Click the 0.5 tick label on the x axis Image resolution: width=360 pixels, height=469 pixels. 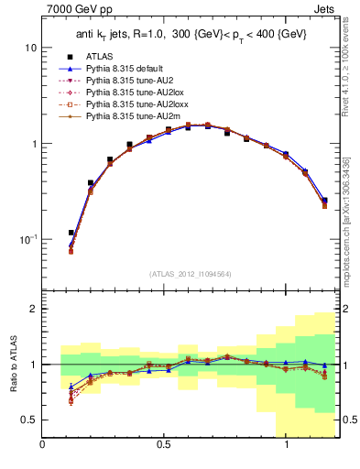(x=164, y=444)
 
